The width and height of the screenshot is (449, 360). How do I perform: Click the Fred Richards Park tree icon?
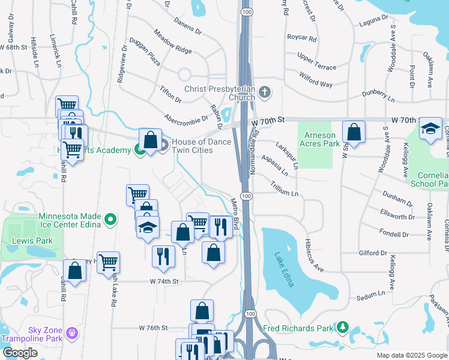(x=342, y=328)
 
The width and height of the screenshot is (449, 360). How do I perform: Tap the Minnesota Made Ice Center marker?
(x=110, y=221)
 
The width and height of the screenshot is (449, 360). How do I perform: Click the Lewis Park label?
(x=32, y=241)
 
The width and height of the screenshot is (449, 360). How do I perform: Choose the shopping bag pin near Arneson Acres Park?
(x=354, y=133)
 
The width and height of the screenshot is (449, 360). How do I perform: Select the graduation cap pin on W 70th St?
(x=430, y=129)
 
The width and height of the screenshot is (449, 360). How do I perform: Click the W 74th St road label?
(x=164, y=281)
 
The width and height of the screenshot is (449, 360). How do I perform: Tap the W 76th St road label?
(x=152, y=328)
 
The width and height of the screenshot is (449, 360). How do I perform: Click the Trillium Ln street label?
(x=283, y=190)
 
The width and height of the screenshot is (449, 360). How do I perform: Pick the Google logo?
(x=20, y=353)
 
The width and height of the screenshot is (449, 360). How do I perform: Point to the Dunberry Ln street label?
(x=378, y=96)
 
